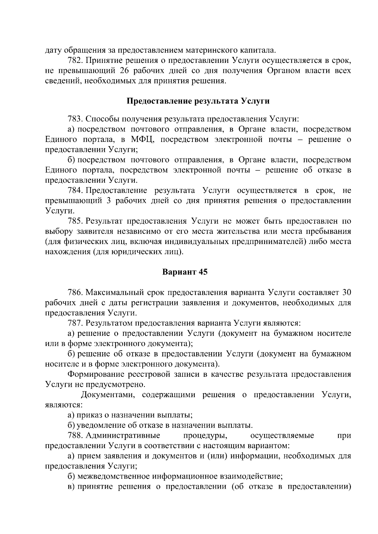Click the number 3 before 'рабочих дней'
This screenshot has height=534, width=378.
tap(109, 201)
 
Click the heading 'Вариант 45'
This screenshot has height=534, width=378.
tap(185, 272)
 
